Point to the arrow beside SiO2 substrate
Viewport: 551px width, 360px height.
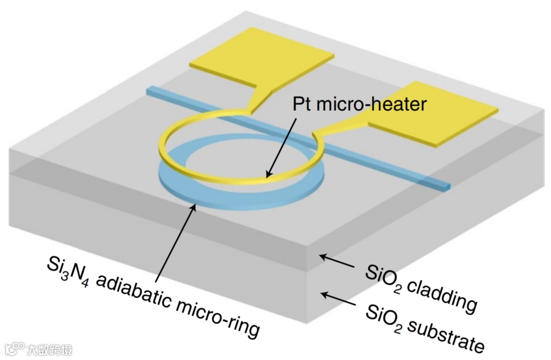click(337, 297)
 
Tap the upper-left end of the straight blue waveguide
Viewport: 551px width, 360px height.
click(150, 90)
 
